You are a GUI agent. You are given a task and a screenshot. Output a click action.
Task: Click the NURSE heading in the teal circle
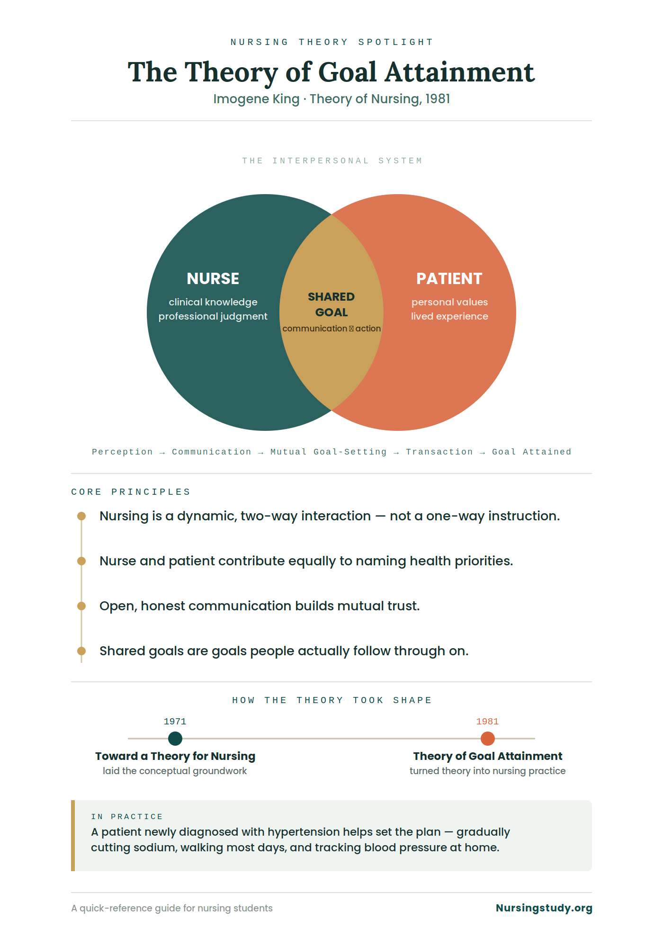click(213, 278)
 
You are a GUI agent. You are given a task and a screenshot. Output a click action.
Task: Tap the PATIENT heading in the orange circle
click(449, 278)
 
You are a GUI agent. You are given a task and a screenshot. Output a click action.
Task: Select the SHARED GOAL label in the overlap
click(331, 304)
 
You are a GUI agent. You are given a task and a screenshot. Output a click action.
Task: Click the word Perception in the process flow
click(122, 452)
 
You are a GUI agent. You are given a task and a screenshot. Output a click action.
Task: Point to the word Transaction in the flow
click(439, 452)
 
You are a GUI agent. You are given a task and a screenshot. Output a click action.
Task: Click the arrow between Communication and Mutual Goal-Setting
click(261, 453)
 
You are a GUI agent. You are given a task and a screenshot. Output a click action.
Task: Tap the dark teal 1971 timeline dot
click(175, 738)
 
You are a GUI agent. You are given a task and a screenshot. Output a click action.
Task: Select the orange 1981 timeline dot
click(488, 738)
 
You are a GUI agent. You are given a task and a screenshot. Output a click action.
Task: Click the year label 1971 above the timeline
click(175, 722)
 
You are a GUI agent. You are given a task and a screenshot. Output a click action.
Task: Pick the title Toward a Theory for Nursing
click(175, 756)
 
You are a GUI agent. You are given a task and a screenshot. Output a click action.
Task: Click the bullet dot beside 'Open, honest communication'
click(81, 606)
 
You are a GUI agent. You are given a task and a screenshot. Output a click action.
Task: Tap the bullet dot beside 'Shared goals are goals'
click(81, 651)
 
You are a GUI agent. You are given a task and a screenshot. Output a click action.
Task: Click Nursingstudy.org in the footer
click(544, 908)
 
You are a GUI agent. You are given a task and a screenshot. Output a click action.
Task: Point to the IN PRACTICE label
click(127, 817)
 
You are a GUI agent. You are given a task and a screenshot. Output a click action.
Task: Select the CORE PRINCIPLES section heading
click(131, 492)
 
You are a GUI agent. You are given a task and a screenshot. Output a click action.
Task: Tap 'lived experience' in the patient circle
click(449, 316)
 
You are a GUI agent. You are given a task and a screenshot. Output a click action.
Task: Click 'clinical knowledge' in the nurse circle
click(213, 302)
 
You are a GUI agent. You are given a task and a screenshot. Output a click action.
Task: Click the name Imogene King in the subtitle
click(256, 99)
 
